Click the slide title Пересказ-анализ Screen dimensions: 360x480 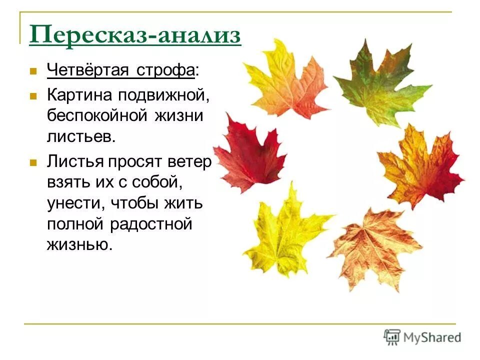pos(135,36)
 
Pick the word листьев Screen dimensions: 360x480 pos(81,136)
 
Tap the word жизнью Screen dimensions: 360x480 pos(77,245)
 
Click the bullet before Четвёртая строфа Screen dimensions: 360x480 pos(33,71)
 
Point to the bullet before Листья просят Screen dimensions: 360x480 pos(33,163)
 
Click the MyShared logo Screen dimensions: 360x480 pos(422,337)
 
